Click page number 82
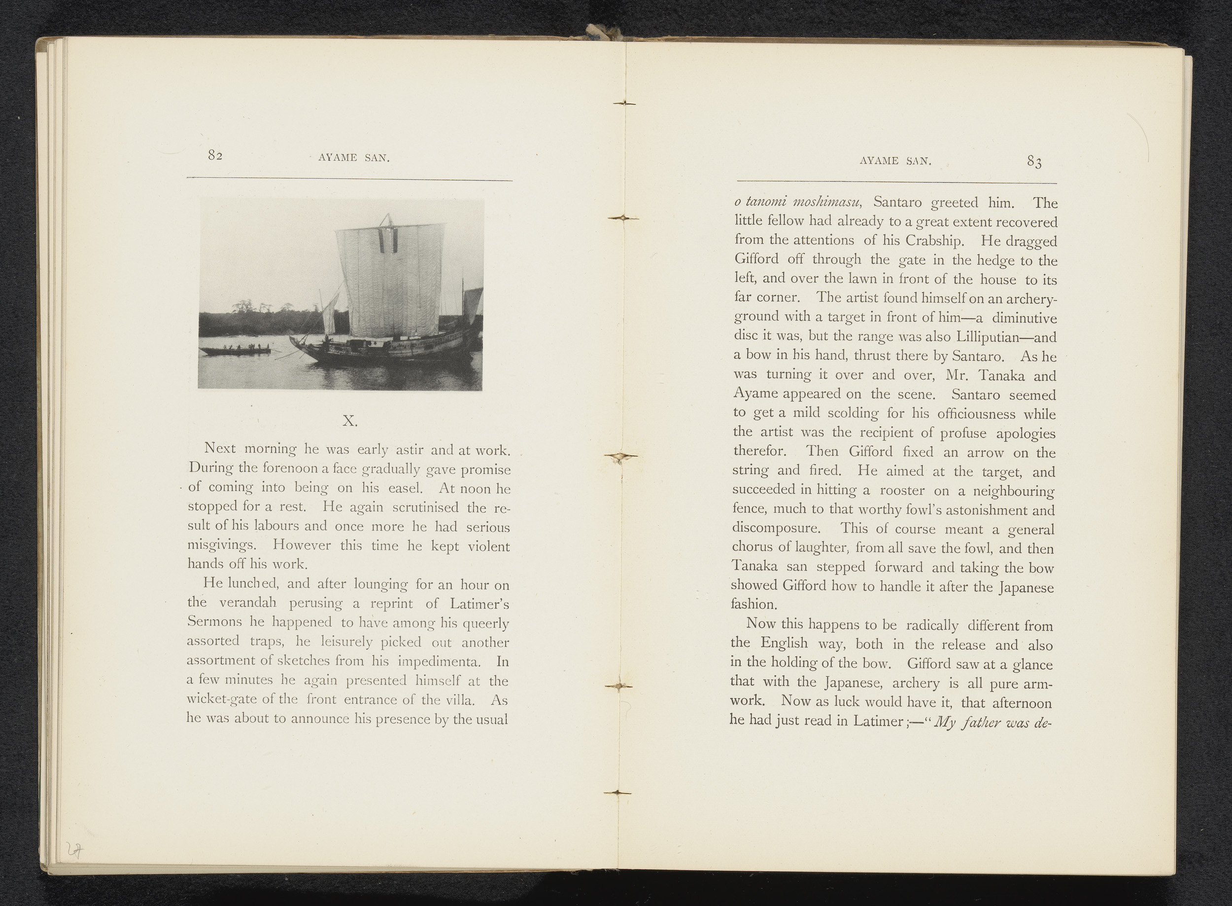(x=215, y=156)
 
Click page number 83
(x=1034, y=161)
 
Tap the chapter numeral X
(x=350, y=421)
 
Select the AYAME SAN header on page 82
(x=354, y=158)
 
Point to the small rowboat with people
(x=235, y=350)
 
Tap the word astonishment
(x=981, y=510)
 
